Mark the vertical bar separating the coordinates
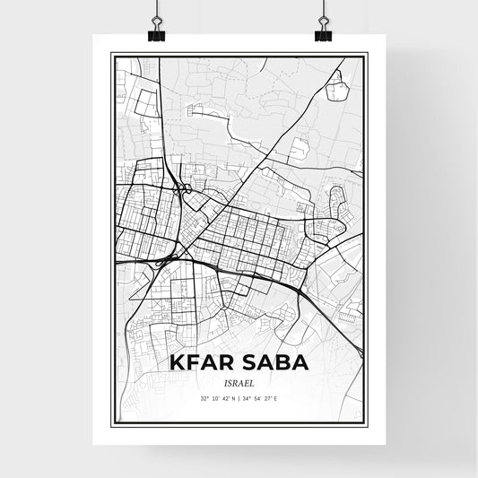[239, 397]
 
